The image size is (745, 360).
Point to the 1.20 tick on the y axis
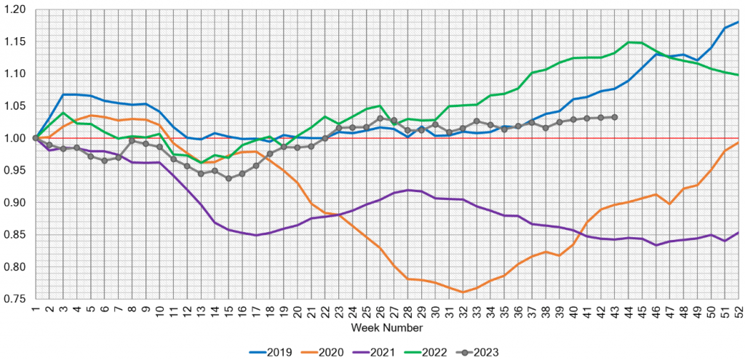pyautogui.click(x=15, y=9)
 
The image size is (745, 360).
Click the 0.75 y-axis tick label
pyautogui.click(x=15, y=299)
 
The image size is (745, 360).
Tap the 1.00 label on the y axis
pyautogui.click(x=15, y=138)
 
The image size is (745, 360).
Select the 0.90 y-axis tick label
pyautogui.click(x=15, y=202)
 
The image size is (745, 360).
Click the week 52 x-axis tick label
pyautogui.click(x=738, y=311)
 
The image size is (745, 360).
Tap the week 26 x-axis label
pyautogui.click(x=380, y=311)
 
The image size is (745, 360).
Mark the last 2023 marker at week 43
pyautogui.click(x=615, y=117)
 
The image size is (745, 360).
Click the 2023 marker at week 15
pyautogui.click(x=228, y=178)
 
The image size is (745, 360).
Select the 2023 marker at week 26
pyautogui.click(x=380, y=118)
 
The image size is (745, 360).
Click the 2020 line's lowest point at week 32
pyautogui.click(x=463, y=292)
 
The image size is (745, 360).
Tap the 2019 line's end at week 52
pyautogui.click(x=738, y=23)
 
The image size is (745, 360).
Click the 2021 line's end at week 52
pyautogui.click(x=738, y=233)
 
